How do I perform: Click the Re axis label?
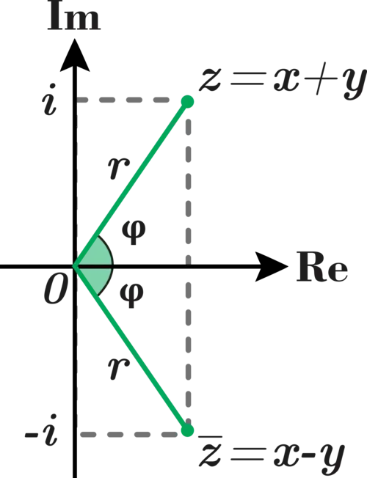pos(322,268)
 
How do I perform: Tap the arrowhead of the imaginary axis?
pos(75,55)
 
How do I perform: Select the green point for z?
pos(187,101)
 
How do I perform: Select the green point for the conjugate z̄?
pos(187,430)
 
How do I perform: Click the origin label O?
pos(55,291)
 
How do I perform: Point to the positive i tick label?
pos(50,100)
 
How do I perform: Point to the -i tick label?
pos(41,430)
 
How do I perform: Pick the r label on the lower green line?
pos(119,368)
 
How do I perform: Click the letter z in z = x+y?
pos(210,81)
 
